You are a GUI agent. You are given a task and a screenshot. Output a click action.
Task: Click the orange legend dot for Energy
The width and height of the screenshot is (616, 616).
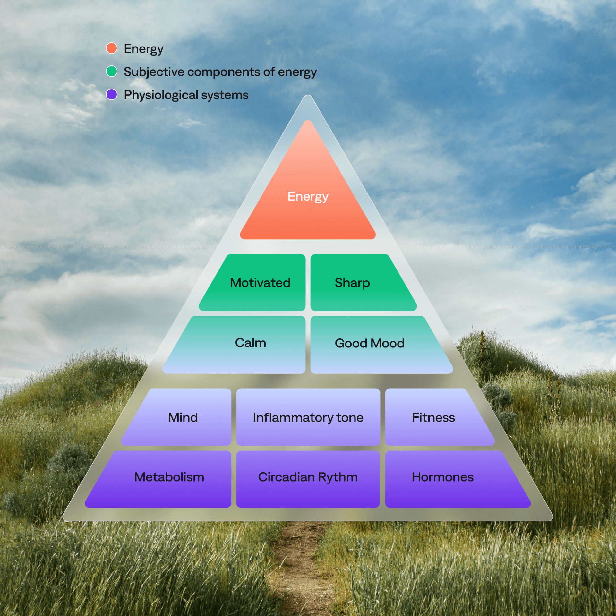pyautogui.click(x=112, y=48)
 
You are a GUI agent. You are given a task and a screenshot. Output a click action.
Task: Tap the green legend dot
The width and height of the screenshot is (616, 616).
pyautogui.click(x=112, y=71)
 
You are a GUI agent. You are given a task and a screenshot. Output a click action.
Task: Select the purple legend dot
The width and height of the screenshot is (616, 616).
pyautogui.click(x=112, y=94)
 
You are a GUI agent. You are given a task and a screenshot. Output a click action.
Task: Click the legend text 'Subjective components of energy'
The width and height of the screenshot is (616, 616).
pyautogui.click(x=220, y=72)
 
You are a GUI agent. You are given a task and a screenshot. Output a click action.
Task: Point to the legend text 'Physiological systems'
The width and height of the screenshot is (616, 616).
pyautogui.click(x=186, y=95)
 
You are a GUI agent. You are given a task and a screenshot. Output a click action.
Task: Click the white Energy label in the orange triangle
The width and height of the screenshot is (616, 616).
pyautogui.click(x=308, y=196)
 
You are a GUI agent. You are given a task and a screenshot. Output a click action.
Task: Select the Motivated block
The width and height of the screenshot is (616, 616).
pyautogui.click(x=260, y=283)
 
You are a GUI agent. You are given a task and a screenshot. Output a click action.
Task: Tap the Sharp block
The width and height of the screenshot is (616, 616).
pyautogui.click(x=356, y=283)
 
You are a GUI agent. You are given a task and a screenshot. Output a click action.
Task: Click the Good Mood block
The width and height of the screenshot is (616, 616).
pyautogui.click(x=372, y=344)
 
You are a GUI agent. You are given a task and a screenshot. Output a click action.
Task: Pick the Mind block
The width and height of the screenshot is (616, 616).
pyautogui.click(x=183, y=417)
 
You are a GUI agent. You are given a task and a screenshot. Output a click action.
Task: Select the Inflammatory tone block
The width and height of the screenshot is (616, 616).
pyautogui.click(x=308, y=417)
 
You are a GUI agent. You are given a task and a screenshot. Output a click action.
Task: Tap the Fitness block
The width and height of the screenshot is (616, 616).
pyautogui.click(x=433, y=417)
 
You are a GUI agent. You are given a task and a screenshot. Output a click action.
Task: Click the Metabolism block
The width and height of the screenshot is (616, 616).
pyautogui.click(x=169, y=477)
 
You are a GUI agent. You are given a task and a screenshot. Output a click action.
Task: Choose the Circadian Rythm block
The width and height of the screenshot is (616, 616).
pyautogui.click(x=308, y=477)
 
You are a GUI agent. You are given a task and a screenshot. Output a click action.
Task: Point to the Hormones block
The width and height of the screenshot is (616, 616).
pyautogui.click(x=443, y=477)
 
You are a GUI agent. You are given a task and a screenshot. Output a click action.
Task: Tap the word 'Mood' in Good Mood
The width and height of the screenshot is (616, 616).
pyautogui.click(x=388, y=344)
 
